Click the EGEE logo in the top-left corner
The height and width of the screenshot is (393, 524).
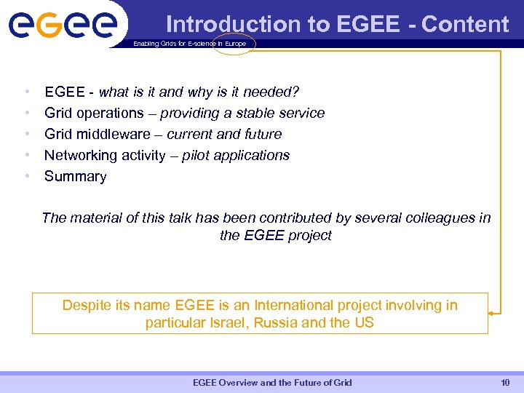63,25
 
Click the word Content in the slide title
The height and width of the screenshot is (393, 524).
465,24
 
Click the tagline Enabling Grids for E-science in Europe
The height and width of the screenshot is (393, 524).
189,44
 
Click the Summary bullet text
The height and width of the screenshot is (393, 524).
76,176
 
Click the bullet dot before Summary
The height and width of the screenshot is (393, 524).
27,176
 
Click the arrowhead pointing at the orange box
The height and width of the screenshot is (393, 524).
491,313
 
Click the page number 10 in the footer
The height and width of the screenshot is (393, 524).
505,382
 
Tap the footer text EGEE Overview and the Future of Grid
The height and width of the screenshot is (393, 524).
272,382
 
